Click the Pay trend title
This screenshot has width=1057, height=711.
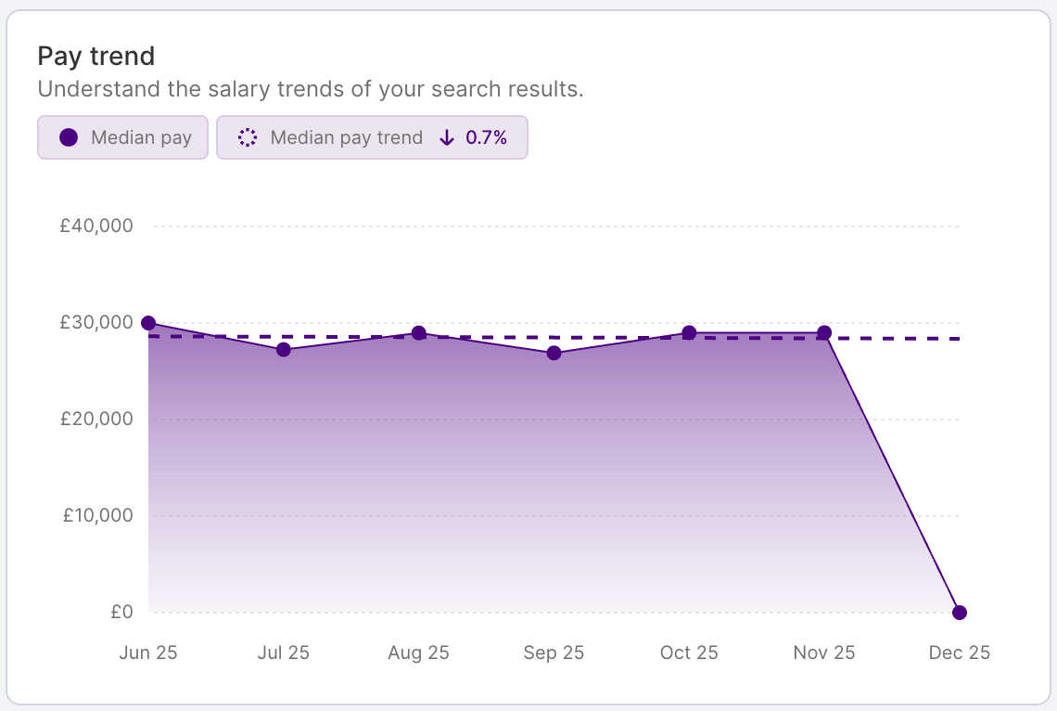pos(96,57)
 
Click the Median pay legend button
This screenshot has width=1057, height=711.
pos(122,137)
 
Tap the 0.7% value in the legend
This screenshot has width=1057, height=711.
pos(486,137)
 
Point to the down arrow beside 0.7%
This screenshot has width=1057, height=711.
pos(447,137)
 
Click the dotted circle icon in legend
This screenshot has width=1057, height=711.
pos(248,137)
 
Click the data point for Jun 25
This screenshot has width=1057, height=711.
pos(148,323)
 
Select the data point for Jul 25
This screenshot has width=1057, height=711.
pos(284,350)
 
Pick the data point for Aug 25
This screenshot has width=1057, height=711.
pos(419,333)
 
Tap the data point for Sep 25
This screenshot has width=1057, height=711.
pos(554,353)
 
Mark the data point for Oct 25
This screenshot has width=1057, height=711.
pos(689,332)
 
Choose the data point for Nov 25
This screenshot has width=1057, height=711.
pos(824,332)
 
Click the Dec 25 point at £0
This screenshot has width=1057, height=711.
pos(960,613)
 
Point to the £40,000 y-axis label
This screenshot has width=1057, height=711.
pos(96,226)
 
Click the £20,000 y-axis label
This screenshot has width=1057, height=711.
pos(96,419)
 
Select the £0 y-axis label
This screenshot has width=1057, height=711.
pos(121,613)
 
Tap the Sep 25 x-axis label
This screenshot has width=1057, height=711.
pos(554,653)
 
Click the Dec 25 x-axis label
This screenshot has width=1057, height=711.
pos(960,653)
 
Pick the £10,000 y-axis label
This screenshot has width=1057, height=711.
pos(97,515)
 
